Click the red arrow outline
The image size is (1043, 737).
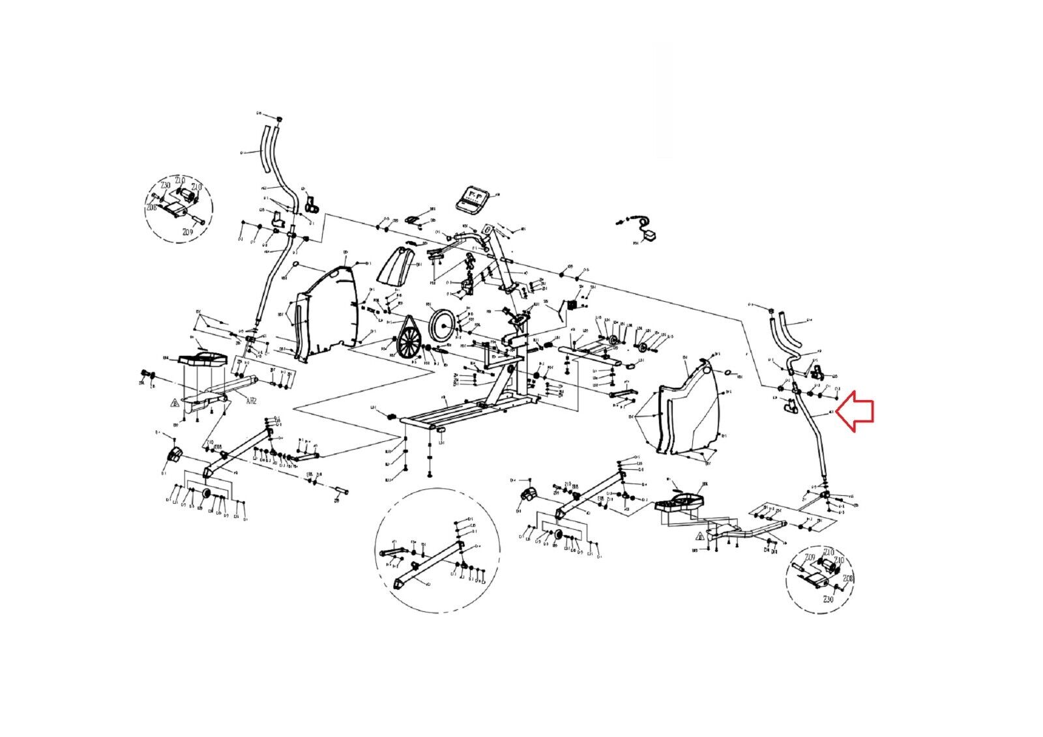point(856,411)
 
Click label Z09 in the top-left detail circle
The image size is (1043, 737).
point(188,232)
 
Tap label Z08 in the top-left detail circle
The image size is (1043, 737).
point(152,208)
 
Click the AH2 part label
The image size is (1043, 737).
point(252,401)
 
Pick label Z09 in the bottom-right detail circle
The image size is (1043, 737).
point(810,557)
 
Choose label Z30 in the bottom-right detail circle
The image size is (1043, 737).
point(829,599)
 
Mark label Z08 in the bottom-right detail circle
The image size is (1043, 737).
point(848,578)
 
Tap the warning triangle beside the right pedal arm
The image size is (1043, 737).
point(700,537)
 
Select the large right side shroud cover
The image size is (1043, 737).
point(691,404)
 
